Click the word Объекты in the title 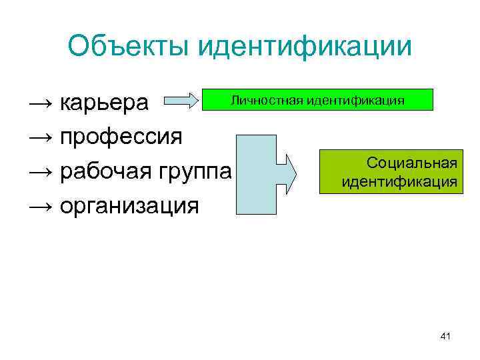(x=127, y=47)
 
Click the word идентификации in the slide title (x=303, y=47)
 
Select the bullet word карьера (x=105, y=103)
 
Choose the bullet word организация (x=129, y=205)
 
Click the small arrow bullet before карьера (x=40, y=103)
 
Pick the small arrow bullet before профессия (x=40, y=137)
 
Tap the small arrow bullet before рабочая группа (x=40, y=172)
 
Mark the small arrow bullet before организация (x=40, y=206)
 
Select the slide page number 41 (x=445, y=337)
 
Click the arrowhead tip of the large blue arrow (x=299, y=172)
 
